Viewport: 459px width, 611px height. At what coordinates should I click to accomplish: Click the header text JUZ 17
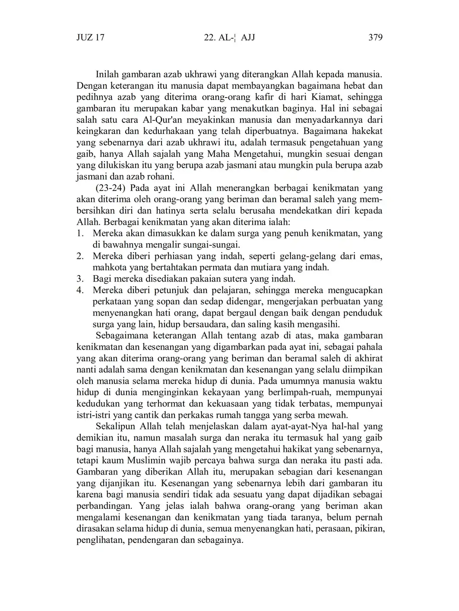90,38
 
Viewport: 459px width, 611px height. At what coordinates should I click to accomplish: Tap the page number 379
375,38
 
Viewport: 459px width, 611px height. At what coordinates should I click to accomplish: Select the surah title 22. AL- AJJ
229,38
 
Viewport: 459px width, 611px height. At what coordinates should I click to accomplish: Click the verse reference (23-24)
111,188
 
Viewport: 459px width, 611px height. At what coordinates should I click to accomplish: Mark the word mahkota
108,267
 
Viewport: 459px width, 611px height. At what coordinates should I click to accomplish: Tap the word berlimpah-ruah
295,392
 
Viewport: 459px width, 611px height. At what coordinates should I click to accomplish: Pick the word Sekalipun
114,426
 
